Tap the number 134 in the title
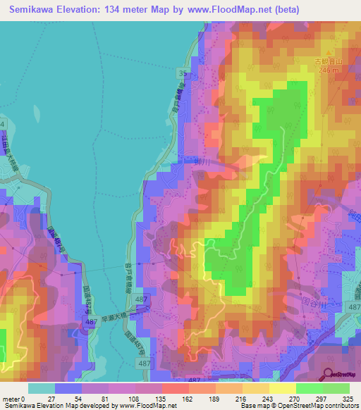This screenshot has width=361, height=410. [124, 9]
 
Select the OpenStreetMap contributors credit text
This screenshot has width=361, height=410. [320, 406]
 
